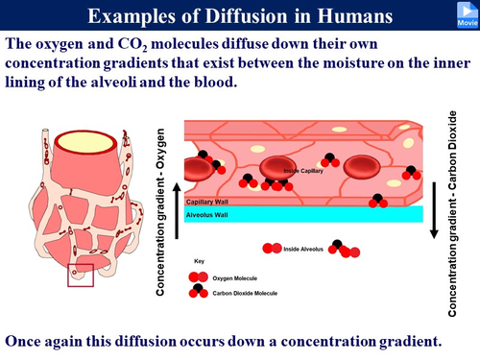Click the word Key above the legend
[x=199, y=260]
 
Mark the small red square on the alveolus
[x=80, y=276]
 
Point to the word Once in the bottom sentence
[x=28, y=340]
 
